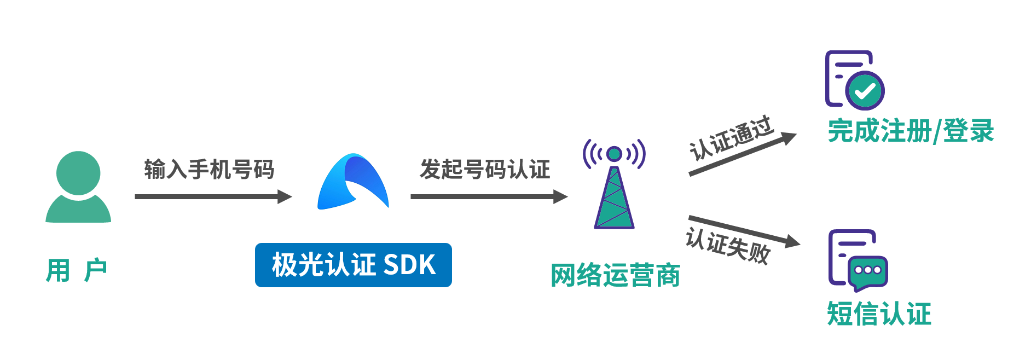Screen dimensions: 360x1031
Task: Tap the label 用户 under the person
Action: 76,271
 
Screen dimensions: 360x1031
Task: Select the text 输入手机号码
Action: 209,170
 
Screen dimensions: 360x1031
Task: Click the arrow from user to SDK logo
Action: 213,196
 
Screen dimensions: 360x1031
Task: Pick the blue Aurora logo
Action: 353,182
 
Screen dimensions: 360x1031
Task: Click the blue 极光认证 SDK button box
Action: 353,265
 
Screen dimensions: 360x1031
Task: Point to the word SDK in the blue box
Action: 409,265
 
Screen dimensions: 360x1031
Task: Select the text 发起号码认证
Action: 485,170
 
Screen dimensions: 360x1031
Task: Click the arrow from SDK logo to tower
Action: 489,196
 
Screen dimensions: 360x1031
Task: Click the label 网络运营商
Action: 615,275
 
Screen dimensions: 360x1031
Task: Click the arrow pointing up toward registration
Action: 742,154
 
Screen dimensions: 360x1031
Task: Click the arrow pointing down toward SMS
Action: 744,230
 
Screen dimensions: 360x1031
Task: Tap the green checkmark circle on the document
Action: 865,91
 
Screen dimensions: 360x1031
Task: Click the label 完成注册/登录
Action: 911,131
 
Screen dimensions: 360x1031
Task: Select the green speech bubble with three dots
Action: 868,272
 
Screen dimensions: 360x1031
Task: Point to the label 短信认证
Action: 879,314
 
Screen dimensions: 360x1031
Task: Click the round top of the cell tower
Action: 614,154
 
